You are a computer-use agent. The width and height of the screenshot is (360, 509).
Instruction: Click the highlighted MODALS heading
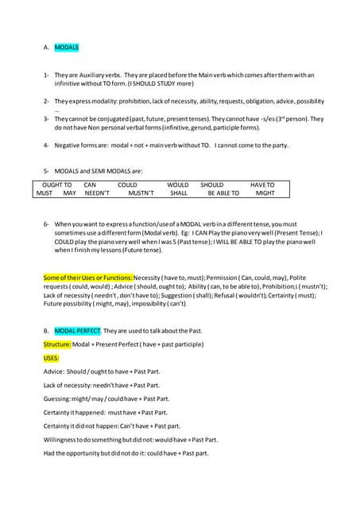(x=66, y=48)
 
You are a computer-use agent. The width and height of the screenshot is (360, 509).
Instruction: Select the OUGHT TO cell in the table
(x=56, y=185)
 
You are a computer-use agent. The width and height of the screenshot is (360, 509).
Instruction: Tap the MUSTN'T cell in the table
(x=141, y=193)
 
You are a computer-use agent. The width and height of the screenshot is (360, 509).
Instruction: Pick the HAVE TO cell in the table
(x=262, y=185)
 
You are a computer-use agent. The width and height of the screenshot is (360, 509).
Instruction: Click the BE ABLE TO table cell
(x=223, y=193)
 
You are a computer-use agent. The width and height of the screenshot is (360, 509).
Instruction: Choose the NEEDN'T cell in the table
(x=97, y=193)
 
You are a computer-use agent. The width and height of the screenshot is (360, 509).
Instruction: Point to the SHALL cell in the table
(x=179, y=193)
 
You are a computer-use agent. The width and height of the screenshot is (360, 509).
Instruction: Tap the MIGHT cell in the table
(x=265, y=193)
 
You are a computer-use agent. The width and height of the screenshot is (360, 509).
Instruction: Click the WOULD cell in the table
(x=178, y=185)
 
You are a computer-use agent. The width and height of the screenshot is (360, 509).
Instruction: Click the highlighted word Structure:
(x=57, y=344)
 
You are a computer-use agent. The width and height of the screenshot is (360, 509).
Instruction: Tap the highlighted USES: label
(x=52, y=358)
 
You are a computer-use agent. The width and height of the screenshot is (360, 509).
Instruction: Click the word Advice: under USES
(x=54, y=371)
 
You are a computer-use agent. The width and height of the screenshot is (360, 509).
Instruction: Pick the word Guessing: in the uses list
(x=58, y=398)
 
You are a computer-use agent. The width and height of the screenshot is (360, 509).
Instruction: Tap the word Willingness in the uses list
(x=61, y=439)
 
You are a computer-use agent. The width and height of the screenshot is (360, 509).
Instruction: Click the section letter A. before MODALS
(x=47, y=48)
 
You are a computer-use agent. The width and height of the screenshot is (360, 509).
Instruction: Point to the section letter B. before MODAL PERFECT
(x=47, y=330)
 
